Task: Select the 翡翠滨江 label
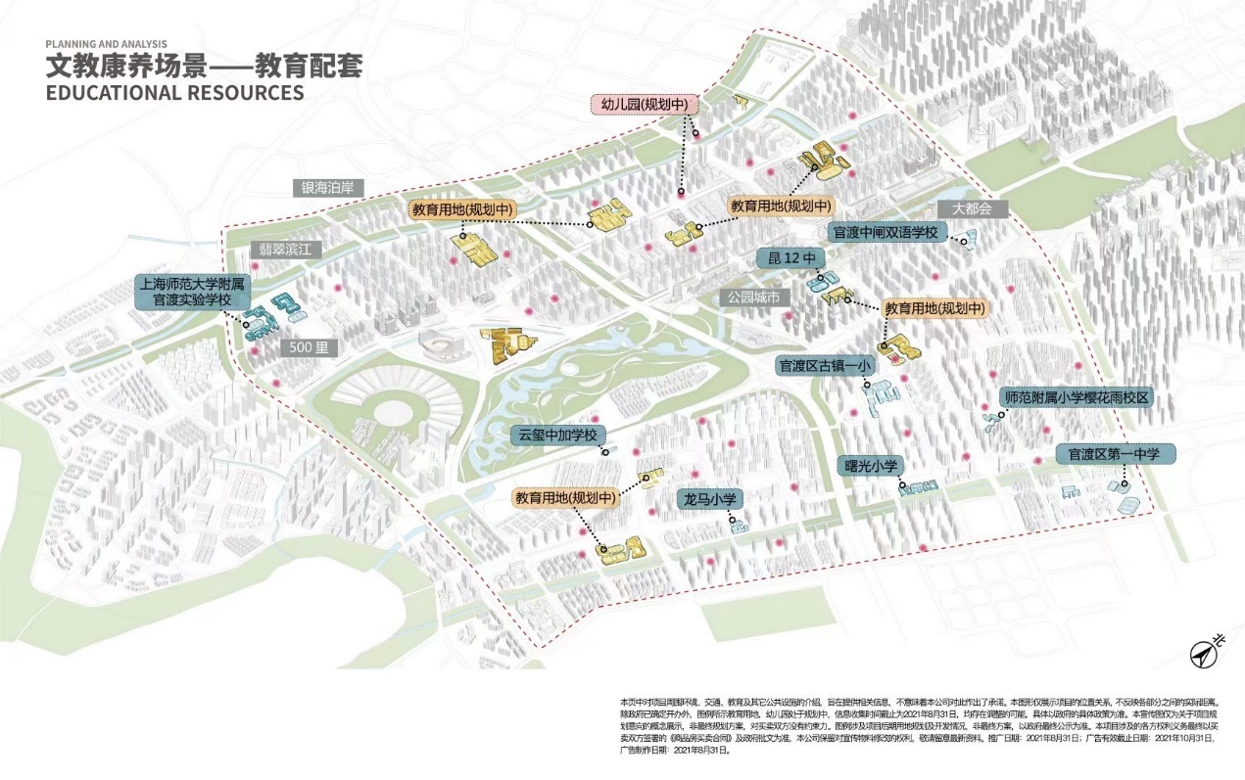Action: [284, 250]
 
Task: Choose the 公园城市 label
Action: [752, 297]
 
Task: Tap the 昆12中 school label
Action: [791, 258]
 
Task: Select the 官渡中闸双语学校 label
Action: [886, 233]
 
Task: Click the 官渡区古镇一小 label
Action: [824, 366]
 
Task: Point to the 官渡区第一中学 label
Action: [1114, 454]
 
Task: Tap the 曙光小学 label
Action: [867, 466]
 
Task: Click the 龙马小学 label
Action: [709, 499]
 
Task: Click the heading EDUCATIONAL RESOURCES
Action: [174, 93]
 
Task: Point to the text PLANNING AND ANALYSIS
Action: [106, 44]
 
